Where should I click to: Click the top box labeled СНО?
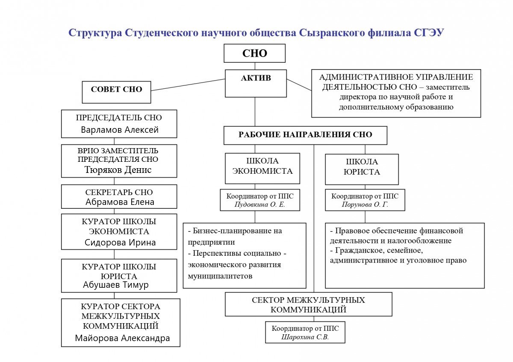(x=254, y=53)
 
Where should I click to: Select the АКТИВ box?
(x=256, y=84)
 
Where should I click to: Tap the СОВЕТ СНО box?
(x=116, y=92)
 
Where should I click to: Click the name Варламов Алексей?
(x=120, y=130)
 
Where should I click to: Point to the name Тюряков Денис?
(x=118, y=169)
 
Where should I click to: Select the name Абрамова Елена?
(x=120, y=202)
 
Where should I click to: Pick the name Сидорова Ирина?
(x=120, y=242)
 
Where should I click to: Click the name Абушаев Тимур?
(x=116, y=285)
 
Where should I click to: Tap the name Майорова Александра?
(x=122, y=338)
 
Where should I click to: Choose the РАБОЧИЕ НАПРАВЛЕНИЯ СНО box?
(x=305, y=135)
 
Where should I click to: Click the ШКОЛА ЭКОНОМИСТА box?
(x=262, y=168)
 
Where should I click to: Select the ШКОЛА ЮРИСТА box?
(x=362, y=169)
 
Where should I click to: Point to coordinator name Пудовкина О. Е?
(x=260, y=204)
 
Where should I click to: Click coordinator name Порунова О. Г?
(x=365, y=204)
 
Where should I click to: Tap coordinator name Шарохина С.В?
(x=305, y=337)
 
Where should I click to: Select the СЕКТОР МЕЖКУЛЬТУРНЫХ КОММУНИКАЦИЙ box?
(x=309, y=304)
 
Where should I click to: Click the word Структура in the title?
(x=95, y=33)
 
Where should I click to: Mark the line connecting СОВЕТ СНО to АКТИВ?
(x=188, y=85)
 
